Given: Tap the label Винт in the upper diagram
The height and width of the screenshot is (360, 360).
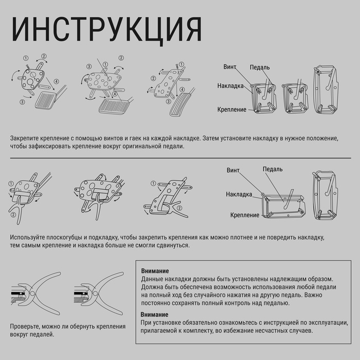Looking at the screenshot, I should (230, 67).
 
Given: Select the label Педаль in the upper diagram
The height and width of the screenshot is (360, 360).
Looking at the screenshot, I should (260, 67).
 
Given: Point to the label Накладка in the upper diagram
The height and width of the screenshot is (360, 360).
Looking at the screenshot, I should (230, 86).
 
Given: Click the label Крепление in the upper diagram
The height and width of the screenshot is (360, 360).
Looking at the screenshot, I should (232, 110).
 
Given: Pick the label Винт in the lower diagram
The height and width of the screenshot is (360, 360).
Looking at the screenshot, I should (233, 170).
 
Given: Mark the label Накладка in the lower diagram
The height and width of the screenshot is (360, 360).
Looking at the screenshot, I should (239, 194).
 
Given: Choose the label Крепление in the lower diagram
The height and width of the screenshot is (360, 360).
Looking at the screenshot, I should (245, 215).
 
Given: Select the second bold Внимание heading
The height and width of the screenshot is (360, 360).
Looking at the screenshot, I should (155, 314).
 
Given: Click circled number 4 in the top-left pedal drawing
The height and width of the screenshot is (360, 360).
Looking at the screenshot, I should (56, 81).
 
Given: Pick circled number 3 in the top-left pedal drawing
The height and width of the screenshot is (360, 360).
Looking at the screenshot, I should (22, 102).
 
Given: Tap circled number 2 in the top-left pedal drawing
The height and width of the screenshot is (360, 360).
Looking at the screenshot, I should (44, 56).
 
